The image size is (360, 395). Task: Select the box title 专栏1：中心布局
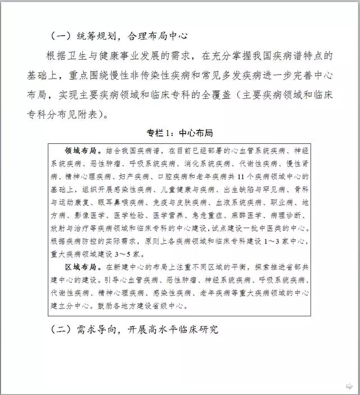(x=179, y=134)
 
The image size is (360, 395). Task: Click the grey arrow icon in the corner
(x=349, y=385)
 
